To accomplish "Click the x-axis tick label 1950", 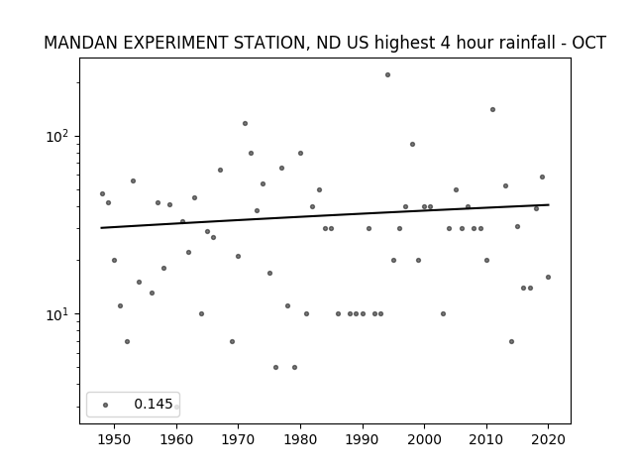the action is [115, 440].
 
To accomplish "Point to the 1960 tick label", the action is [176, 440].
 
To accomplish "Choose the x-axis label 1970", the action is [238, 440].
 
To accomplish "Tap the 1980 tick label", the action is [300, 440].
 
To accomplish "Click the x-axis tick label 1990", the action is [363, 440].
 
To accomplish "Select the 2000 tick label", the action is [425, 440].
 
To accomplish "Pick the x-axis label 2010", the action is [486, 440].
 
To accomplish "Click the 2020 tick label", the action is [548, 440].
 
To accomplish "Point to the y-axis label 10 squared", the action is [58, 137].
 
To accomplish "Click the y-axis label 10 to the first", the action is [58, 314].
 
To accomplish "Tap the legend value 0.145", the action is [154, 404].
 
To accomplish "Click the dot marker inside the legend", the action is [106, 405].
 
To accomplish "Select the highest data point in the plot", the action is [387, 75].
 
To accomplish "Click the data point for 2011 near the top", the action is [492, 110].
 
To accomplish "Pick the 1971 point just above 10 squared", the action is [245, 123].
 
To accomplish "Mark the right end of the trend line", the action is [549, 205].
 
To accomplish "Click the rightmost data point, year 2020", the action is [548, 278].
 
